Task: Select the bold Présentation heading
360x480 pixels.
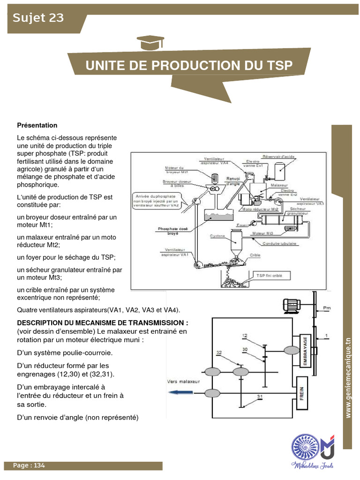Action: [37, 125]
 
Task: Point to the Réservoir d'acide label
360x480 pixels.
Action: [278, 157]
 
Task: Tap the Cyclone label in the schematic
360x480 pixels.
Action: [217, 236]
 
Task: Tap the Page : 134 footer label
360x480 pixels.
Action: [29, 465]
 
